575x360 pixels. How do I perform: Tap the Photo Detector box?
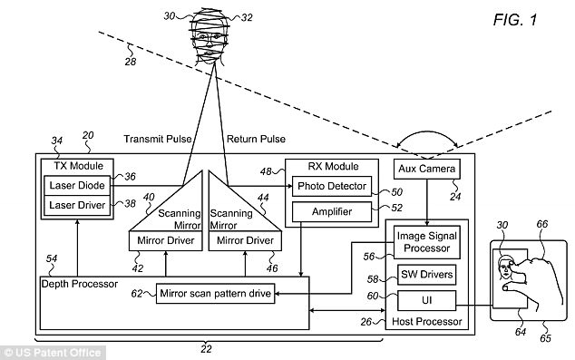coord(331,187)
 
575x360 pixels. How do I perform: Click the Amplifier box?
coord(331,212)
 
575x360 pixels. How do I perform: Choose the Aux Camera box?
coord(426,170)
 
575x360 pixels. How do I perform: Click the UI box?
coord(426,297)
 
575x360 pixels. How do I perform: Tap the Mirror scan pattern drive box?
coord(216,293)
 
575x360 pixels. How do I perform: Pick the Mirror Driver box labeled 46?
coord(242,240)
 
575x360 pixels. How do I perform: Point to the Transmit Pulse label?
coord(156,140)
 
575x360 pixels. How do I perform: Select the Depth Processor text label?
coord(80,284)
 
